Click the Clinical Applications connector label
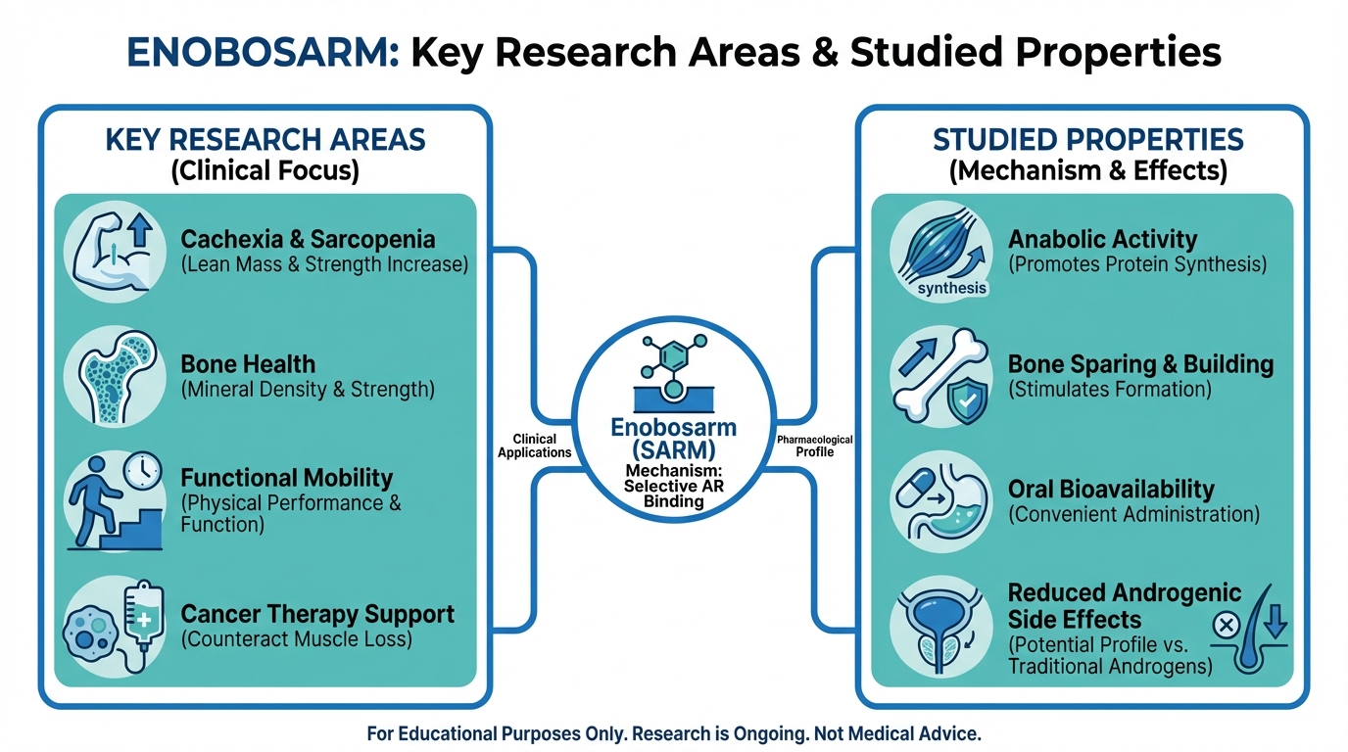point(534,446)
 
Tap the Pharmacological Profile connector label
point(814,446)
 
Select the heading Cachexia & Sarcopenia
point(308,239)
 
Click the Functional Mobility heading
point(286,478)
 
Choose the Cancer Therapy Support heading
point(317,615)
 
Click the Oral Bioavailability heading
point(1110,489)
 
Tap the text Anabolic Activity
point(1102,239)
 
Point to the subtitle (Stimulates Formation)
point(1109,390)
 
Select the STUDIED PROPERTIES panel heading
point(1087,139)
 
